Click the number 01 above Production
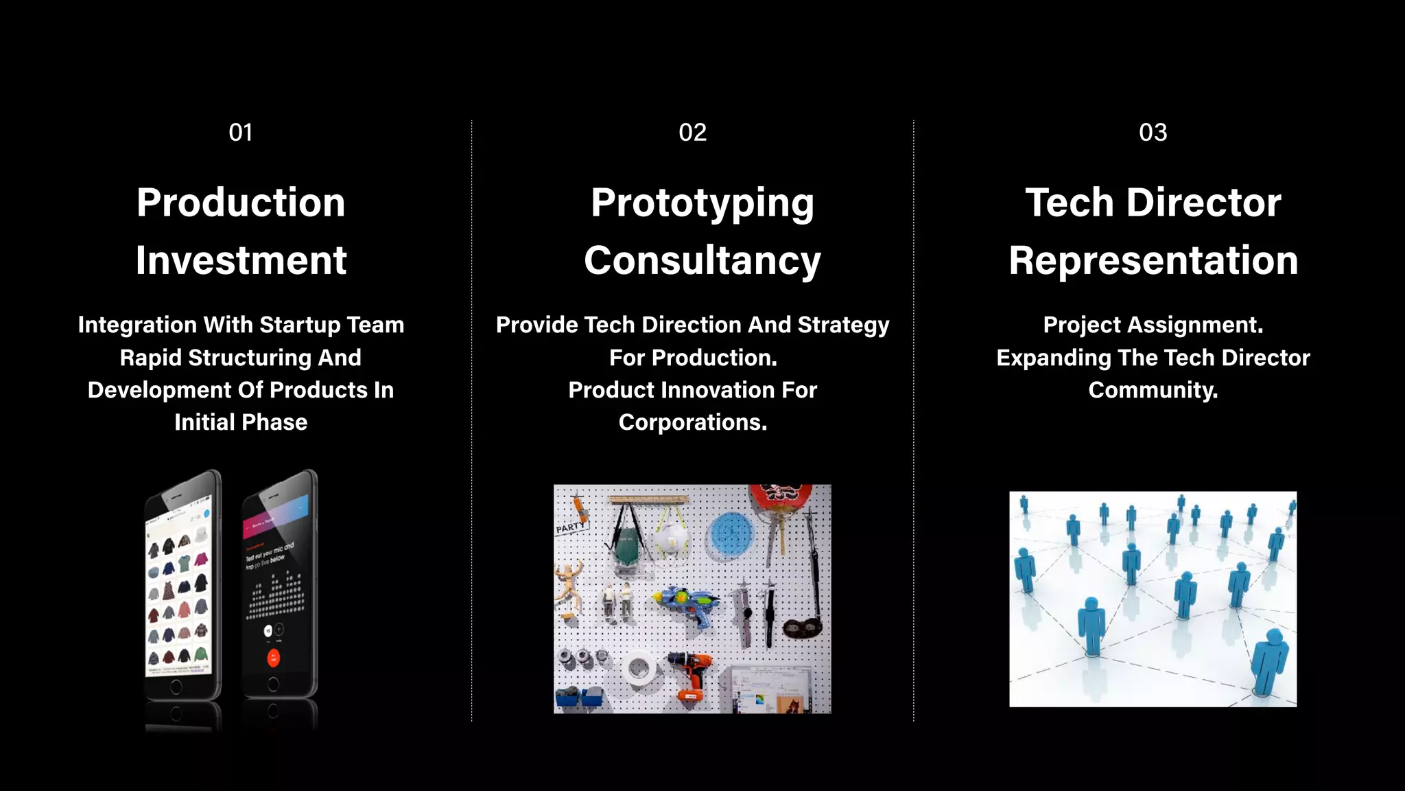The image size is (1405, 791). coord(241,133)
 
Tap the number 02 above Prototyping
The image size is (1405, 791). coord(692,133)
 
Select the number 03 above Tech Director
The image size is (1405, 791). coord(1153,133)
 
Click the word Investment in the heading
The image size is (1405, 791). coord(241,260)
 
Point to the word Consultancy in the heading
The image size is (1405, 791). coord(702,261)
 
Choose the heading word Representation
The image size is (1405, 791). coord(1153,261)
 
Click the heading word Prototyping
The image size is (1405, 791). coord(702,203)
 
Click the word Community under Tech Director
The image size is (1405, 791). coord(1153,390)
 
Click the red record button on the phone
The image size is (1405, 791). coord(273,658)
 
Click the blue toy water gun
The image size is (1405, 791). coord(687,604)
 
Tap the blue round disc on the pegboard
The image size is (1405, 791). coord(731,534)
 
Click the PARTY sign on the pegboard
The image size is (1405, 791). coord(570,527)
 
